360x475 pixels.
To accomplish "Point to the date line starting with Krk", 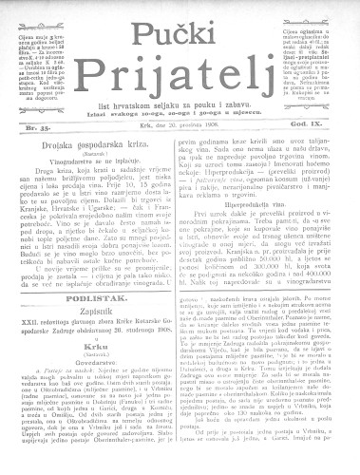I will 180,123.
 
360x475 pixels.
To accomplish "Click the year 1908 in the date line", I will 210,123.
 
